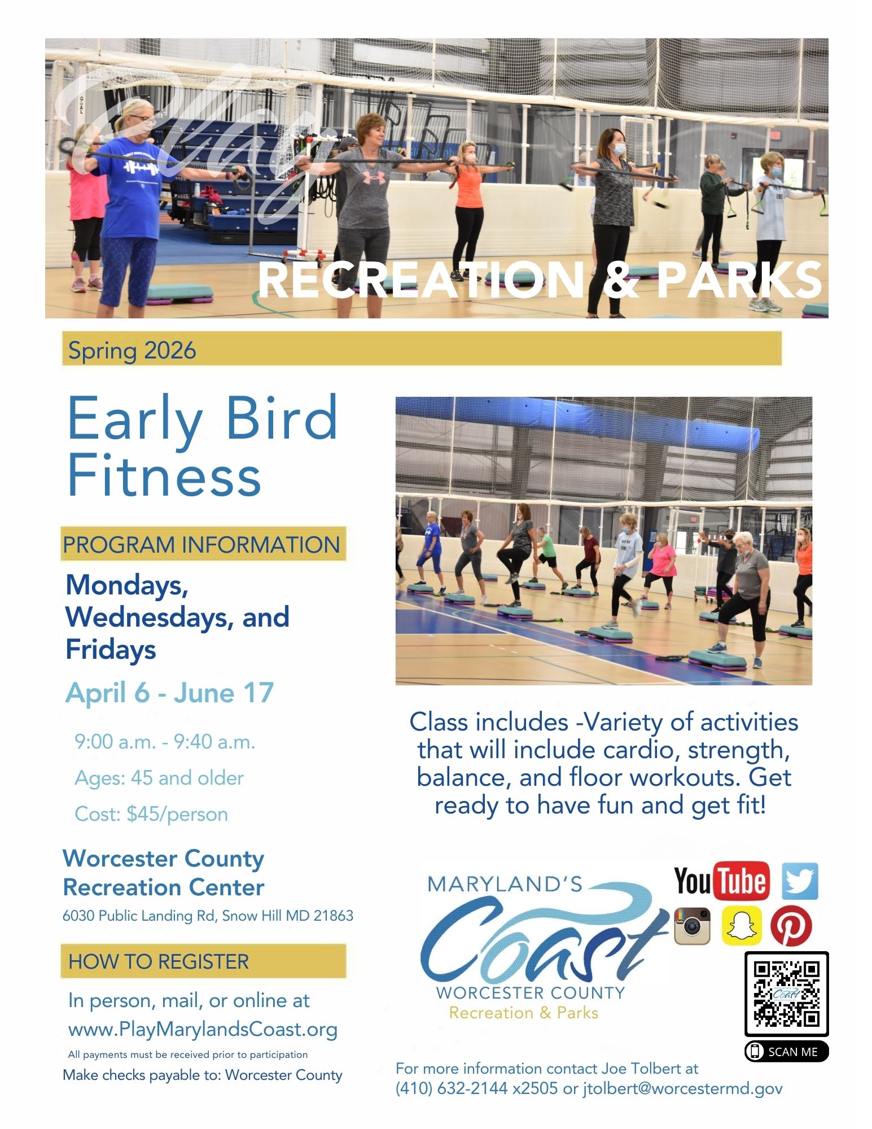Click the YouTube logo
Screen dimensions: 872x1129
pyautogui.click(x=721, y=881)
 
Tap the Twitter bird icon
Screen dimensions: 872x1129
pyautogui.click(x=800, y=881)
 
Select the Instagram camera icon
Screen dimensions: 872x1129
pyautogui.click(x=692, y=926)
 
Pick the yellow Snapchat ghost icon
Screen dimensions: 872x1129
pyautogui.click(x=741, y=926)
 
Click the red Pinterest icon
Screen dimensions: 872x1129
pyautogui.click(x=791, y=926)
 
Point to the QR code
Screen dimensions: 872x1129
pyautogui.click(x=787, y=994)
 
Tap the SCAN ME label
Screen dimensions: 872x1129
pyautogui.click(x=787, y=1052)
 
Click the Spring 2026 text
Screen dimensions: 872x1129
pyautogui.click(x=132, y=351)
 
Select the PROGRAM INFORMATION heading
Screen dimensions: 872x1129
pyautogui.click(x=201, y=545)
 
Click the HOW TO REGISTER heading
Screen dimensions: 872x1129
pyautogui.click(x=159, y=961)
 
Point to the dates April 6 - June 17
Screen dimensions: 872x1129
pyautogui.click(x=169, y=693)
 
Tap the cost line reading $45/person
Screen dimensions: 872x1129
pyautogui.click(x=151, y=814)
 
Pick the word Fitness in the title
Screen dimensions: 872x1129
pyautogui.click(x=164, y=476)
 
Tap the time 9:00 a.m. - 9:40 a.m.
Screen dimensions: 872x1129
pyautogui.click(x=165, y=742)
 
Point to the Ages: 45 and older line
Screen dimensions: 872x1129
pyautogui.click(x=159, y=778)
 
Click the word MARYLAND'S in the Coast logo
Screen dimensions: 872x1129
pyautogui.click(x=505, y=884)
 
